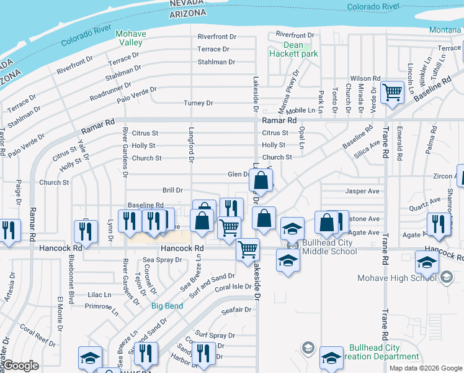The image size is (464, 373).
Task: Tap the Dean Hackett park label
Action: point(293,49)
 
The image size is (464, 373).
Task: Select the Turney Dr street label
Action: point(198,103)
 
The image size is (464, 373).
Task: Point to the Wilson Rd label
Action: point(365,78)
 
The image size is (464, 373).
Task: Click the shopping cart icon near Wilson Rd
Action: point(393,93)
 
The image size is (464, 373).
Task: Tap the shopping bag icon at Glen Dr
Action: point(262,181)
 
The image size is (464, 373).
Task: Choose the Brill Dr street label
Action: point(172,190)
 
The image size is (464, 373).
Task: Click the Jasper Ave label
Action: point(362,191)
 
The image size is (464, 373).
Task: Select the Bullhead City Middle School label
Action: point(329,247)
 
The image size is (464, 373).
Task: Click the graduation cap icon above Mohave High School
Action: point(427,263)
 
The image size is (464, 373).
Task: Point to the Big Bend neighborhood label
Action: point(168,306)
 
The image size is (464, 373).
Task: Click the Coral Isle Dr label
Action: point(232,288)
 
